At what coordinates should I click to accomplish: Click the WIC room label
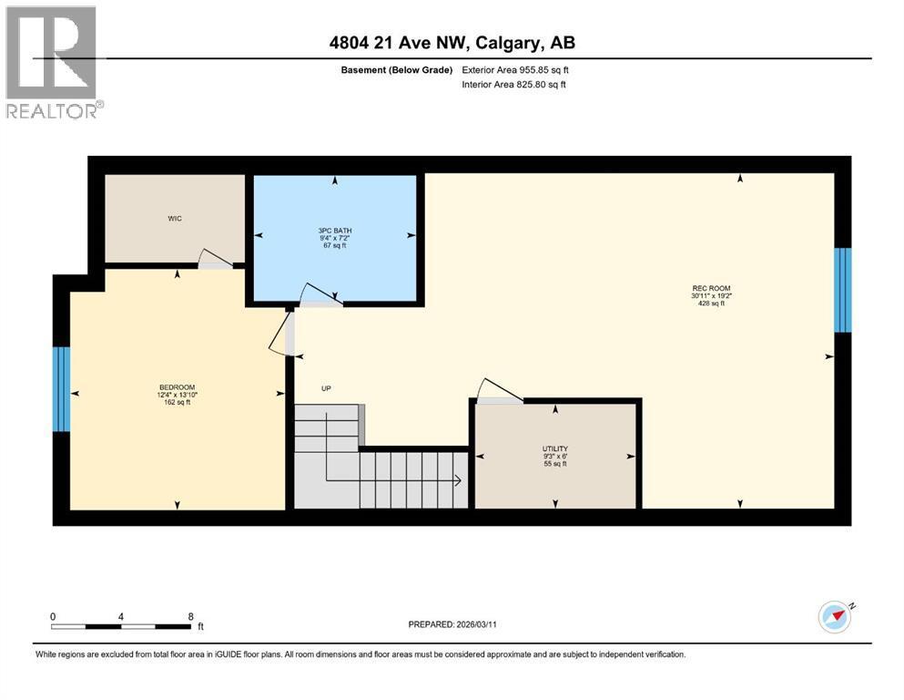175,218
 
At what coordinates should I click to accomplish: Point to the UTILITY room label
555,448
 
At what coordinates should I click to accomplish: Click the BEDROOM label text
177,386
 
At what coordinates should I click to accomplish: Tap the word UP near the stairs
326,388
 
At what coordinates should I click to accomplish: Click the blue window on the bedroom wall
62,388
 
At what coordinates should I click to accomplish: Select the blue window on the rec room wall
843,290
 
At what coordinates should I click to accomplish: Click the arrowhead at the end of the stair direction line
457,480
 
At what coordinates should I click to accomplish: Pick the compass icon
834,616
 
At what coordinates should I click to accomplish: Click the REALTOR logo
53,62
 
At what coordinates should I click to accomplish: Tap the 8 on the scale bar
190,615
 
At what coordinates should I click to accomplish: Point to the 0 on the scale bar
53,615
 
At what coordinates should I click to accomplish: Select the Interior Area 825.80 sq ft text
513,85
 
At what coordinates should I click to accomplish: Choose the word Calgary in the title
506,43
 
